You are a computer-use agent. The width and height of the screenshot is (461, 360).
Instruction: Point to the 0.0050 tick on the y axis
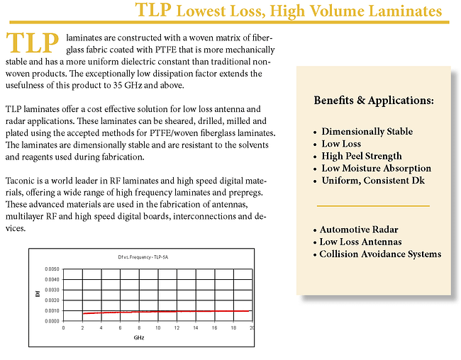(x=52, y=269)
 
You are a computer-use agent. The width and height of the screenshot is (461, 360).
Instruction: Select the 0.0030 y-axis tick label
(x=52, y=290)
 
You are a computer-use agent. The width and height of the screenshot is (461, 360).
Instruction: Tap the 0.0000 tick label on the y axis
(x=52, y=321)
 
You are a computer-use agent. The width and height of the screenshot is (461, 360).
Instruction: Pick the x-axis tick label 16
(x=213, y=328)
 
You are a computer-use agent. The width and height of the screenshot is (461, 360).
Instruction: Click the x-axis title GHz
(x=139, y=337)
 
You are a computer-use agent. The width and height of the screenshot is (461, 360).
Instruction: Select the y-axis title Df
(x=38, y=295)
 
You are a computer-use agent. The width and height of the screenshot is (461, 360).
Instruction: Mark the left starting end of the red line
(x=83, y=313)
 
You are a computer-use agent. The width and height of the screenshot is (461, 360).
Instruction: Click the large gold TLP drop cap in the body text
(x=32, y=44)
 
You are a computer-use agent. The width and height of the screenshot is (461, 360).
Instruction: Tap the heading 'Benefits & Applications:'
(x=374, y=101)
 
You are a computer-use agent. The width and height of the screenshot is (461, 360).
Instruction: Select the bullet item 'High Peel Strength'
(x=361, y=156)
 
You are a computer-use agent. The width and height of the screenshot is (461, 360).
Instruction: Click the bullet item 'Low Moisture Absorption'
(x=376, y=168)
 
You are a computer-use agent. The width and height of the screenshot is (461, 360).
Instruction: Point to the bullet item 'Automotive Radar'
(x=358, y=230)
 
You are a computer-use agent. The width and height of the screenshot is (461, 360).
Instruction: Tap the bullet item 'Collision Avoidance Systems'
(x=380, y=254)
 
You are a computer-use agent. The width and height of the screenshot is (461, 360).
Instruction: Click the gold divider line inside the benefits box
(x=373, y=206)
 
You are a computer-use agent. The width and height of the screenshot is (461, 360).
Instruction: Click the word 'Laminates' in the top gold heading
(x=401, y=11)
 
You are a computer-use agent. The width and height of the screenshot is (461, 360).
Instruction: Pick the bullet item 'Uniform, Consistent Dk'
(x=374, y=180)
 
